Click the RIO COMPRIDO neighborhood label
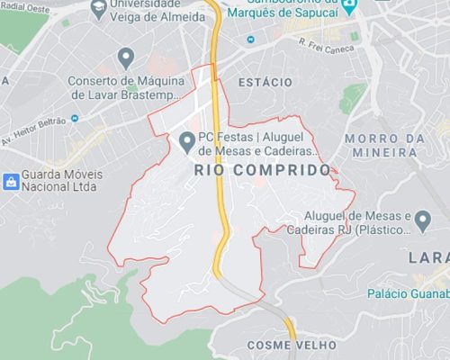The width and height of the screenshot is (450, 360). pos(262,170)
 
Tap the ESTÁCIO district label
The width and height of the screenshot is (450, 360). pos(265,83)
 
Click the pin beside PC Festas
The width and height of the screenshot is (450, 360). pos(187,140)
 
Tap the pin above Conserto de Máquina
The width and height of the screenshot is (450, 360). pos(126,58)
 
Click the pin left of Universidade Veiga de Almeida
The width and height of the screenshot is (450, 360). pos(97,11)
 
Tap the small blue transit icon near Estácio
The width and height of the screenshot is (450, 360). pos(250,40)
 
